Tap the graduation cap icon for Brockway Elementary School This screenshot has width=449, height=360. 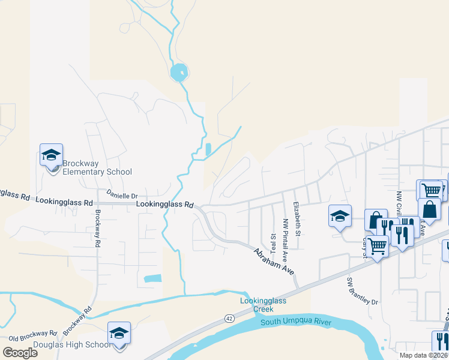(52, 155)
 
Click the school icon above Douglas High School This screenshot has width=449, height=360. (119, 333)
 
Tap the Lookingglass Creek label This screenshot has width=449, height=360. (256, 305)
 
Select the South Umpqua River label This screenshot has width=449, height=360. (296, 323)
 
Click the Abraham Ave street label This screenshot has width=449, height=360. (274, 262)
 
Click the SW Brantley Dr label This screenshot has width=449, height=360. (363, 291)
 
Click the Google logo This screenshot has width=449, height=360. (20, 352)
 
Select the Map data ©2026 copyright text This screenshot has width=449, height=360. (423, 355)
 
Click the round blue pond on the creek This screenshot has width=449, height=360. (179, 73)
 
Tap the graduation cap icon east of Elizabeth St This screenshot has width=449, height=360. (340, 216)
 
